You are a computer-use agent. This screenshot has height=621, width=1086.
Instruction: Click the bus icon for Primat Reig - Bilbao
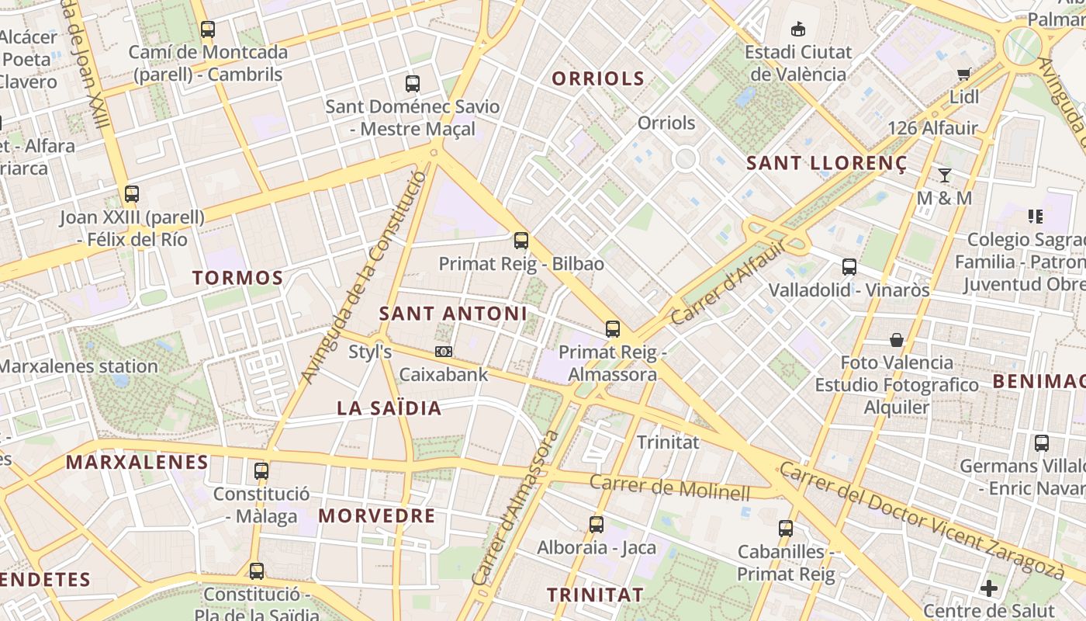point(521,241)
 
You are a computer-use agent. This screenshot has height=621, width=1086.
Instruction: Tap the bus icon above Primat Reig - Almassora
point(613,329)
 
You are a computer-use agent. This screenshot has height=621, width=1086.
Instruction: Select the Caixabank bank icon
point(444,352)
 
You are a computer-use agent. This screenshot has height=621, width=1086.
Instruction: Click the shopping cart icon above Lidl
point(964,75)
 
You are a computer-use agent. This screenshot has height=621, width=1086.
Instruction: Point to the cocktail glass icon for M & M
point(945,175)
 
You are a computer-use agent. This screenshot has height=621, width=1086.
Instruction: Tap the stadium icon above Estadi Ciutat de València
point(797,29)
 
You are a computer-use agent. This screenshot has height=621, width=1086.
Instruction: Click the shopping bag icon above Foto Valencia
point(897,340)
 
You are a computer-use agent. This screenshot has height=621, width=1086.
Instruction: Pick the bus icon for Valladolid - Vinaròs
point(849,267)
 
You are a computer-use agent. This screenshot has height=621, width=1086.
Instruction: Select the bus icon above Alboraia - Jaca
point(597,525)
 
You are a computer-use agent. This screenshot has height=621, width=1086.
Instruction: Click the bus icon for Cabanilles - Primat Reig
point(786,529)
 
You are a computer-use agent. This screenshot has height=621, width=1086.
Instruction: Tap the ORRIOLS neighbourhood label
point(598,78)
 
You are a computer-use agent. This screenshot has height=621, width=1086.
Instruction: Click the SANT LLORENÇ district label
point(826,164)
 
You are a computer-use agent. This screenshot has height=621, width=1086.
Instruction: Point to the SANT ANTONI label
point(453,314)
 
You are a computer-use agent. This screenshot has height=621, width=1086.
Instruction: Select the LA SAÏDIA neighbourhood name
point(389,408)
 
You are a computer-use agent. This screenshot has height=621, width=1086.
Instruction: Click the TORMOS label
point(237,278)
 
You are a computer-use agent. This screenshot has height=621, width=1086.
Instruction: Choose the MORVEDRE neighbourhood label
point(377,515)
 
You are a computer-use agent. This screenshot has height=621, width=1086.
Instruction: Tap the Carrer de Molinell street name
point(670,487)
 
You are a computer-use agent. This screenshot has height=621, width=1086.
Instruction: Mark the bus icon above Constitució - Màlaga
point(261,471)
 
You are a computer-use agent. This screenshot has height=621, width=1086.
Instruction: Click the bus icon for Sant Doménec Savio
point(413,84)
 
